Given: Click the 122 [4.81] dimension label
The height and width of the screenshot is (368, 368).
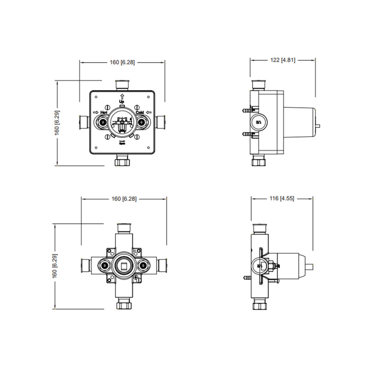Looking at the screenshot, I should tap(282, 59).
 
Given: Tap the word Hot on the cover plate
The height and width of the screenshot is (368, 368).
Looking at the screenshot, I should tap(103, 112).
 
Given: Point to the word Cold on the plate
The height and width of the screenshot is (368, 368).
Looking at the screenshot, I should tap(140, 112).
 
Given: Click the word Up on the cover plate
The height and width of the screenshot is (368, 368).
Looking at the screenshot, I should tap(122, 102).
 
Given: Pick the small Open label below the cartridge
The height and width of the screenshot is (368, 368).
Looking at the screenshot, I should tap(122, 143).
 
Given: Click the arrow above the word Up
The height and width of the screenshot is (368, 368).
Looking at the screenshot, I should tap(122, 96).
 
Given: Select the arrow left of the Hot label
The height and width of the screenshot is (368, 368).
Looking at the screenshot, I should tap(95, 112).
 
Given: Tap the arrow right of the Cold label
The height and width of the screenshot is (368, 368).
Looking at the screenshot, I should tap(149, 112).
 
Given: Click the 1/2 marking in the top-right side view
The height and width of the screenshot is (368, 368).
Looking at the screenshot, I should tap(259, 122).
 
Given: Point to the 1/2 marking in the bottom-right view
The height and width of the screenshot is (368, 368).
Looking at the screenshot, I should tap(259, 265).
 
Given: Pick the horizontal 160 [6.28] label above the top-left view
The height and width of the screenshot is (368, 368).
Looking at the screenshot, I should tap(121, 62).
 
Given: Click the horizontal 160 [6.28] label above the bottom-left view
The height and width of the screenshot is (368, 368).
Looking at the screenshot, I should tap(123, 199).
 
